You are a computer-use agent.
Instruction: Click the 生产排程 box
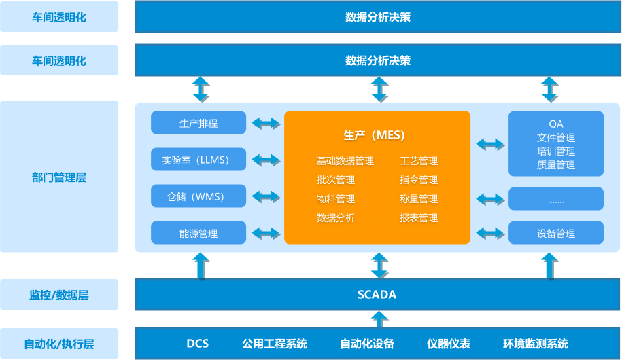click(x=198, y=123)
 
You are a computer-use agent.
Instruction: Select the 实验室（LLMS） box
click(x=198, y=160)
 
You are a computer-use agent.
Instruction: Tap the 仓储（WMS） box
click(x=198, y=197)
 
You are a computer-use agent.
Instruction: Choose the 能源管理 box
click(x=198, y=233)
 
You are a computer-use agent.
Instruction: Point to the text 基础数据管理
click(x=345, y=161)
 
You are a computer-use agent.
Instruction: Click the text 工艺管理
click(x=419, y=161)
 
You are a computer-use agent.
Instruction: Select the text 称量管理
click(x=419, y=199)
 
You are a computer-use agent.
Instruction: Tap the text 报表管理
click(x=419, y=218)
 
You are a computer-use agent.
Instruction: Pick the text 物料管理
click(x=336, y=199)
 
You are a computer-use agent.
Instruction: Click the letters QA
click(x=556, y=124)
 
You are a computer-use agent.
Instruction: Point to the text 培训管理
click(x=556, y=151)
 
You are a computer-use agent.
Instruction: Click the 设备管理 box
click(x=556, y=233)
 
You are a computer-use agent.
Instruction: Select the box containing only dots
click(x=556, y=199)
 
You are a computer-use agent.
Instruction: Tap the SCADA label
click(x=377, y=295)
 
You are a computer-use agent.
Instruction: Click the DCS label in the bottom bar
click(x=197, y=344)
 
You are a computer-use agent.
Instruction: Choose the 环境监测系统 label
click(x=536, y=344)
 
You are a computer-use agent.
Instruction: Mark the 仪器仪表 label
click(x=449, y=344)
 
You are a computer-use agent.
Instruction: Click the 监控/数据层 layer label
click(x=59, y=295)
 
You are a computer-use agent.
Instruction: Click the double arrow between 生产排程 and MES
click(x=266, y=124)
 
